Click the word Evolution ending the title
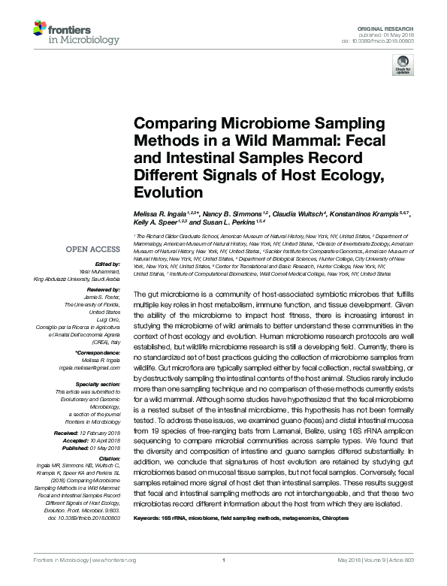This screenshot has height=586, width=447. pos(163,192)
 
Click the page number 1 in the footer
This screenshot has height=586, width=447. pos(224,580)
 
